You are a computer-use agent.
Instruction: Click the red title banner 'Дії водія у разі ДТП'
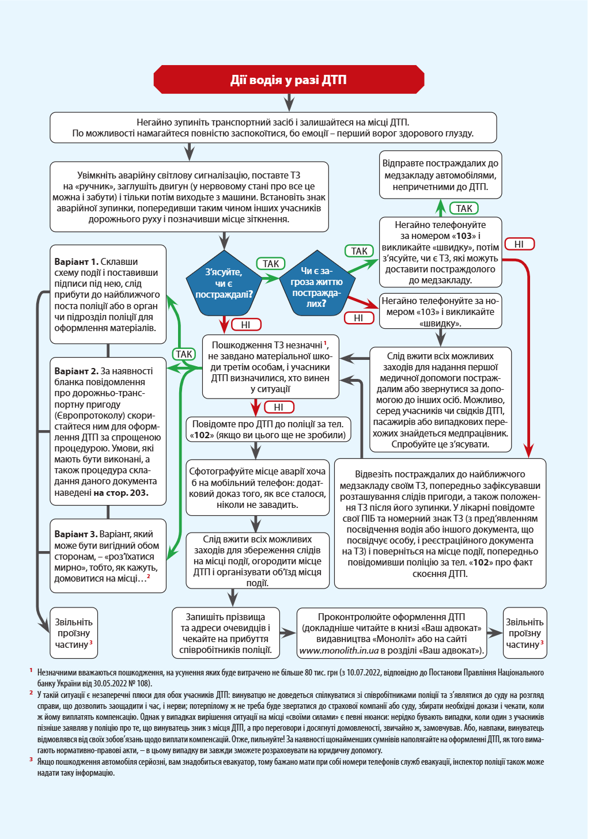(x=289, y=79)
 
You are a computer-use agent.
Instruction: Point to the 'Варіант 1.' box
(x=108, y=294)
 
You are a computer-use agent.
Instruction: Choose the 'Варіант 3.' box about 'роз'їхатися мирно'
(x=108, y=556)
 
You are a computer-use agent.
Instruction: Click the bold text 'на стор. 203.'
(x=121, y=493)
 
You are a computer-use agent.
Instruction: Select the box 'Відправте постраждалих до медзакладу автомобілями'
(x=441, y=175)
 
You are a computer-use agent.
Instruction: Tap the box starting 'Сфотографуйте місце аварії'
(x=257, y=488)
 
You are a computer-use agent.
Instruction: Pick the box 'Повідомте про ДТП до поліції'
(x=267, y=430)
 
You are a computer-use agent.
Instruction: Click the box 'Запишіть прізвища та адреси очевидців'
(x=225, y=633)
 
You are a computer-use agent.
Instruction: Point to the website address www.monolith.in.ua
(x=339, y=651)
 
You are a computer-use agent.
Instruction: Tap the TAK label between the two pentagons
(x=271, y=264)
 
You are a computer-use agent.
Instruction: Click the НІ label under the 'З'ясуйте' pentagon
(x=246, y=325)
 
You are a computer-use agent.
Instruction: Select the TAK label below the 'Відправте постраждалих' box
(x=464, y=208)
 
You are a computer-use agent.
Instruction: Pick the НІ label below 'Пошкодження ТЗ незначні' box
(x=279, y=407)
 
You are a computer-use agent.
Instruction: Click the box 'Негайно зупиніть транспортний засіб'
(x=273, y=128)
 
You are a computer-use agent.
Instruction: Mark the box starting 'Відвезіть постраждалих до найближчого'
(x=440, y=523)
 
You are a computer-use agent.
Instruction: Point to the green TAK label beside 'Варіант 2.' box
(x=184, y=354)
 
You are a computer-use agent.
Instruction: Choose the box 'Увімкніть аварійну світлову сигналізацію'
(x=189, y=197)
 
